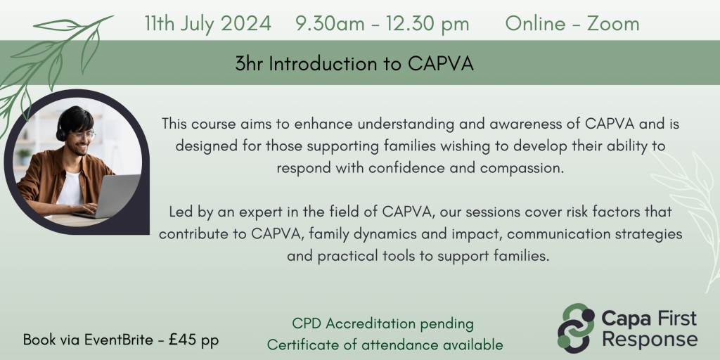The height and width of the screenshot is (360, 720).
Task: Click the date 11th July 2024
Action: pos(207,23)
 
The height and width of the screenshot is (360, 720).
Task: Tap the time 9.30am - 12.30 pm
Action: pos(382,23)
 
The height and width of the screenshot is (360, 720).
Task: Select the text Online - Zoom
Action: pos(572,23)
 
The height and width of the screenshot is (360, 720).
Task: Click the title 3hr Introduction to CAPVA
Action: pos(355,64)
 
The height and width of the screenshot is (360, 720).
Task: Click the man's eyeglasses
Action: pos(82,134)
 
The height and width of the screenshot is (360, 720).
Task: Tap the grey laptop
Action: pos(112,196)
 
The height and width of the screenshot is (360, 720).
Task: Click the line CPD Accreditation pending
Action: pos(382,324)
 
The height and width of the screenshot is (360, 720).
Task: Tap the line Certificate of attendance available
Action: pos(385,345)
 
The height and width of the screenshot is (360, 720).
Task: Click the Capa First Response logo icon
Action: pos(576,328)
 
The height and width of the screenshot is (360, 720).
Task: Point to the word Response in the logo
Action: pos(649,340)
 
